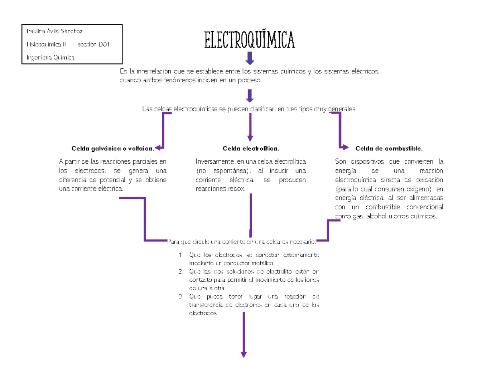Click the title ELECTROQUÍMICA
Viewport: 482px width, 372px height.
(x=249, y=40)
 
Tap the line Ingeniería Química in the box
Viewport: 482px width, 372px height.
(x=50, y=58)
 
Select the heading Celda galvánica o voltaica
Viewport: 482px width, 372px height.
(x=112, y=148)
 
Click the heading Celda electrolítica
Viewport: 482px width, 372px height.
(x=251, y=148)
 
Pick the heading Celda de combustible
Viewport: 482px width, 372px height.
(x=389, y=148)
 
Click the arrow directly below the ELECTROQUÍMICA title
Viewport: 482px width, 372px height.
(x=250, y=59)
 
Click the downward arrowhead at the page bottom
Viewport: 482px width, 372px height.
(x=243, y=354)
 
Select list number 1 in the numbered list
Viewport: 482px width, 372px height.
(x=181, y=255)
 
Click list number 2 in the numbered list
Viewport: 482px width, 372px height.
(x=181, y=272)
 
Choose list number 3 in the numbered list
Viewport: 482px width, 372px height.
(x=181, y=297)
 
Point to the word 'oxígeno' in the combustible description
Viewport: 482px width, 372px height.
(x=418, y=189)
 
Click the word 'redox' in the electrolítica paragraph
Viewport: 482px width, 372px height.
(x=237, y=189)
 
